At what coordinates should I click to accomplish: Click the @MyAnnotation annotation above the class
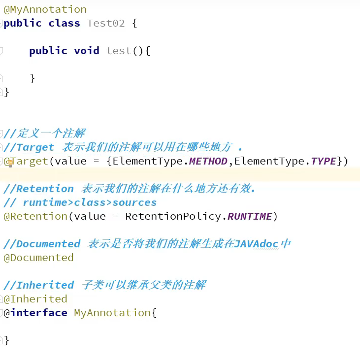45,9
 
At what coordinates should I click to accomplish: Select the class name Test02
106,23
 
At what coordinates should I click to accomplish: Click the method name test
119,51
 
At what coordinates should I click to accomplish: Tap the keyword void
87,51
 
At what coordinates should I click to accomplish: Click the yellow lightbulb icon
9,163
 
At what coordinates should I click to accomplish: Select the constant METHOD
208,161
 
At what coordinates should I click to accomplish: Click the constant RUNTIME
250,216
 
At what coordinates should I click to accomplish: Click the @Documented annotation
38,258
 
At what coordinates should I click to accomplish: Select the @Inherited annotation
35,299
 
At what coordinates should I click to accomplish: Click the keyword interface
39,313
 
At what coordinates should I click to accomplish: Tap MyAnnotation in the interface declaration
112,313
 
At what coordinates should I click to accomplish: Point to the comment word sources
134,202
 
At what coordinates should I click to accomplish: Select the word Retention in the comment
45,189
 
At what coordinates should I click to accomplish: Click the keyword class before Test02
64,23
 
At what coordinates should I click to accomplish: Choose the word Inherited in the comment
45,285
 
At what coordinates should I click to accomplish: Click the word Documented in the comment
48,244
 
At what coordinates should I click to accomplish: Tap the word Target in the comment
35,147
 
